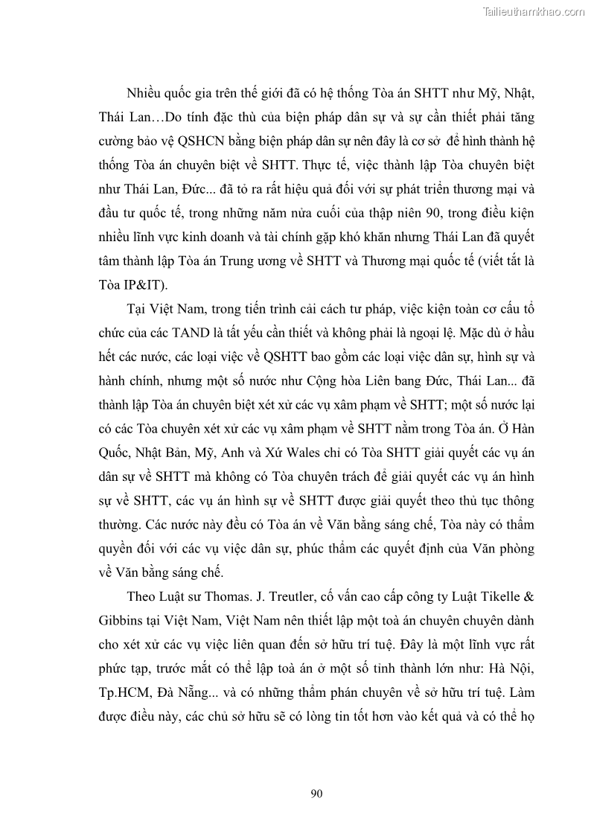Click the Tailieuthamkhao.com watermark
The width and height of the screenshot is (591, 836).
tap(534, 12)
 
